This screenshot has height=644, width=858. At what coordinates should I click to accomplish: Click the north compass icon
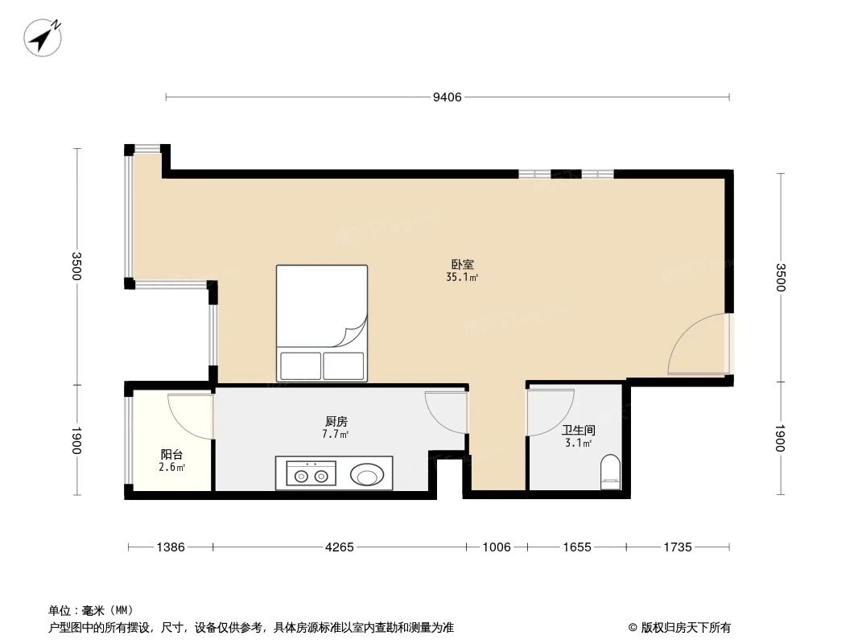click(43, 36)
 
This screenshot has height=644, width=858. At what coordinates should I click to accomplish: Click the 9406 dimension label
click(448, 97)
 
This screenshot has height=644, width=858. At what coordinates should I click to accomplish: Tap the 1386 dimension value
click(171, 547)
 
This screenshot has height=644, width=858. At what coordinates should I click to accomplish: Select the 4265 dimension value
click(340, 547)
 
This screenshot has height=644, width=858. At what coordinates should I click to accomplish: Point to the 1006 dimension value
click(497, 547)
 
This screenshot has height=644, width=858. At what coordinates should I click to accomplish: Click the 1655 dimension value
click(576, 547)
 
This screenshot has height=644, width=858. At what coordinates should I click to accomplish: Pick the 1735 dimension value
click(678, 547)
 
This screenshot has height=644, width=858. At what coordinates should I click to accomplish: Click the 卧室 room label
click(462, 264)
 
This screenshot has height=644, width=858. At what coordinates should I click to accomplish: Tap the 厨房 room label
click(336, 421)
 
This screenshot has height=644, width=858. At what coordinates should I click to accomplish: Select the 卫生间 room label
click(578, 431)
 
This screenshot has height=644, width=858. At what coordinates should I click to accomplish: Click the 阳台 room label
click(171, 455)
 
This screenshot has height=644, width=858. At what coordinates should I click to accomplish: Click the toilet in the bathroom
click(611, 472)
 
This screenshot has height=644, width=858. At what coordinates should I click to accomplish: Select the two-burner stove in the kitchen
click(311, 474)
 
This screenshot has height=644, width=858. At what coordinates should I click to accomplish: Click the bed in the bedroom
click(322, 322)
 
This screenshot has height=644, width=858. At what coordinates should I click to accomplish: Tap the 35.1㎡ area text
click(462, 278)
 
